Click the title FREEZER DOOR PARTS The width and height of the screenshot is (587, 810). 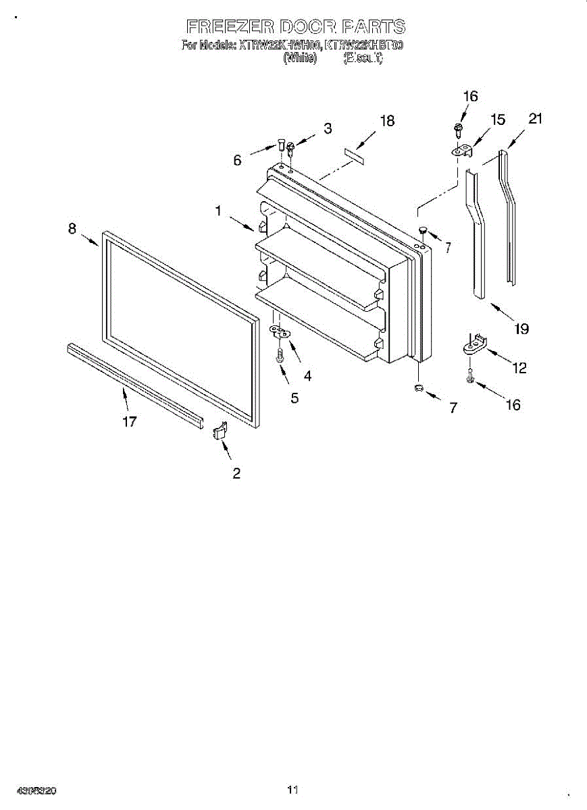[296, 27]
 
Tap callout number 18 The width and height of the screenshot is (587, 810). [386, 122]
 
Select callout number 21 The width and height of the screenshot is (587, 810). [535, 119]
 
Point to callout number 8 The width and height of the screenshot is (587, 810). [72, 228]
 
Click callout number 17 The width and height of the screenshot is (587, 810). [130, 422]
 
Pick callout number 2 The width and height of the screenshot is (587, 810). [236, 473]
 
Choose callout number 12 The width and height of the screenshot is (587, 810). [519, 368]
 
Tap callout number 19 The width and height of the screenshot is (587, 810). [520, 329]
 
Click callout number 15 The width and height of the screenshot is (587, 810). [497, 120]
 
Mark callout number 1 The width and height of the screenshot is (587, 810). [218, 211]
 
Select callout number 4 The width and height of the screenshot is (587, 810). [307, 376]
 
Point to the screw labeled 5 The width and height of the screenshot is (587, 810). [280, 354]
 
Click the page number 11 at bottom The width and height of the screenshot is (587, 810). [292, 789]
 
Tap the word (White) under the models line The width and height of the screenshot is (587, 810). [300, 59]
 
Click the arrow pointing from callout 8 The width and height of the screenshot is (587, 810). [91, 240]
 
